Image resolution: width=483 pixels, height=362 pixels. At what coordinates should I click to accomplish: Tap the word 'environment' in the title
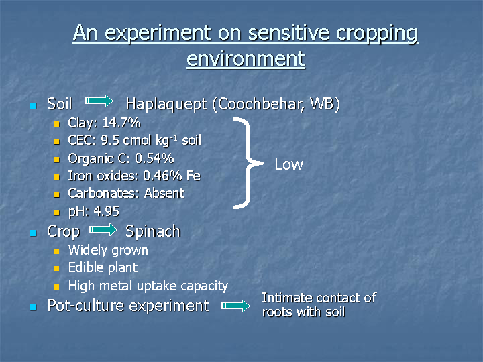tap(246, 58)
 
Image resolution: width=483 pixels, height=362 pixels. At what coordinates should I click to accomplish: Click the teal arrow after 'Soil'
tap(99, 101)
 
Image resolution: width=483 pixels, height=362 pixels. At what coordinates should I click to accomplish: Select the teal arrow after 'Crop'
tap(103, 229)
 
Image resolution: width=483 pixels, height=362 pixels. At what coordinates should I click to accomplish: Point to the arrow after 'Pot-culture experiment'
tap(235, 306)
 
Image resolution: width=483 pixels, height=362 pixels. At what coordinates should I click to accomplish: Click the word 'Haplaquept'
tap(166, 104)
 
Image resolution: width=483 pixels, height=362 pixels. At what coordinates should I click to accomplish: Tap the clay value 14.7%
tap(121, 123)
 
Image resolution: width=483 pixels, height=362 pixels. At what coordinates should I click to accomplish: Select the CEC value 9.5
tap(110, 140)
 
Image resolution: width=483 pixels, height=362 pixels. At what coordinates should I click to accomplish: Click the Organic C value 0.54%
tap(154, 158)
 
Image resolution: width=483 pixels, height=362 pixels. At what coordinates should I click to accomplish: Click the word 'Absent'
tap(164, 193)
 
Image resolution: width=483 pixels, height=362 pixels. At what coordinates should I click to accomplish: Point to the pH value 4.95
tap(106, 211)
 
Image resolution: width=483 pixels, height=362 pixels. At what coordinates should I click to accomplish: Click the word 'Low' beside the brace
tap(289, 164)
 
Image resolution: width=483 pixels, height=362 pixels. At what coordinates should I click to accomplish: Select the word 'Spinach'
tap(153, 231)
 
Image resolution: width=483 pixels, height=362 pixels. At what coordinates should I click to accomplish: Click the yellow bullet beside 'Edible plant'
tap(56, 269)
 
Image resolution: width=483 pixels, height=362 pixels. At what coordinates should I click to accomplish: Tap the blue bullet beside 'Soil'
tap(33, 106)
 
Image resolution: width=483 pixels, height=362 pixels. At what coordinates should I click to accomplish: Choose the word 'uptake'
tap(157, 286)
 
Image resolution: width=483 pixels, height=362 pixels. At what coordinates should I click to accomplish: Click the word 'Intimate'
tap(287, 298)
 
